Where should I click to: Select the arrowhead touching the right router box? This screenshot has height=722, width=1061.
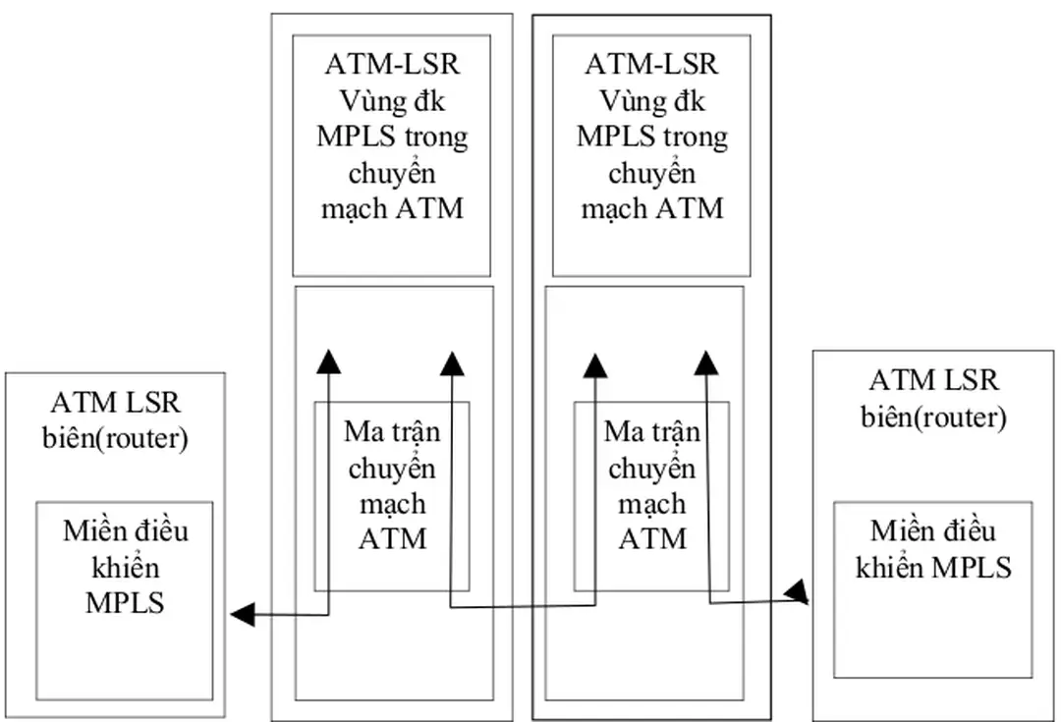799,591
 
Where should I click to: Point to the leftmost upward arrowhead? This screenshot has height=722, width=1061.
329,361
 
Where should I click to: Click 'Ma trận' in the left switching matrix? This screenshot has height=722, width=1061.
392,431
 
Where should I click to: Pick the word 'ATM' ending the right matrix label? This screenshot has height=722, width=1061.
651,538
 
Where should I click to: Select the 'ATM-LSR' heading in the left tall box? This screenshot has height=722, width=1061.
392,65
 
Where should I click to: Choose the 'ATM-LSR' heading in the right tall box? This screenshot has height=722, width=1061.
651,65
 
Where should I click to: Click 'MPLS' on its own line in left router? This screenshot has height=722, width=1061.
125,602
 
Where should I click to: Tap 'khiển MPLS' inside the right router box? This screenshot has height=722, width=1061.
933,567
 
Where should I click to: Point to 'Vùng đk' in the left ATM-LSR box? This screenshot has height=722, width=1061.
392,100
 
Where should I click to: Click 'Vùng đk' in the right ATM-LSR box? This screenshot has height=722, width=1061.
651,100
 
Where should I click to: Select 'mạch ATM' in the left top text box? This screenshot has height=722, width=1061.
392,208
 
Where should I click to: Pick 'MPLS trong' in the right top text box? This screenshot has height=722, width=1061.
651,137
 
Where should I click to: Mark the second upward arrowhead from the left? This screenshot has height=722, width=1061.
451,362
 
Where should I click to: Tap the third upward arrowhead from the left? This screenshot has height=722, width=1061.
594,362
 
